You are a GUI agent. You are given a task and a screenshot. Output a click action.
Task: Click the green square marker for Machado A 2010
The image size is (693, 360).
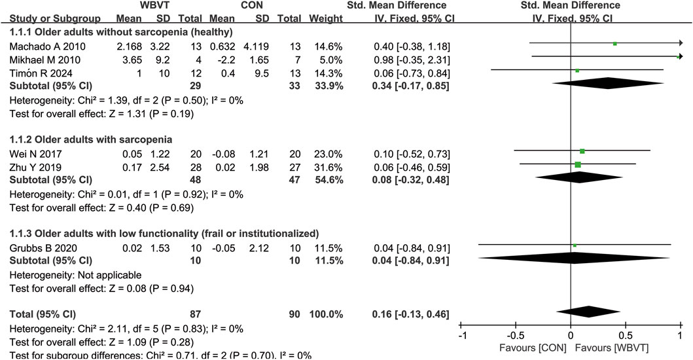point(615,44)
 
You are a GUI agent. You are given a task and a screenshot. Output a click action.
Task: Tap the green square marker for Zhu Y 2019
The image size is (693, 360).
point(578,164)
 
